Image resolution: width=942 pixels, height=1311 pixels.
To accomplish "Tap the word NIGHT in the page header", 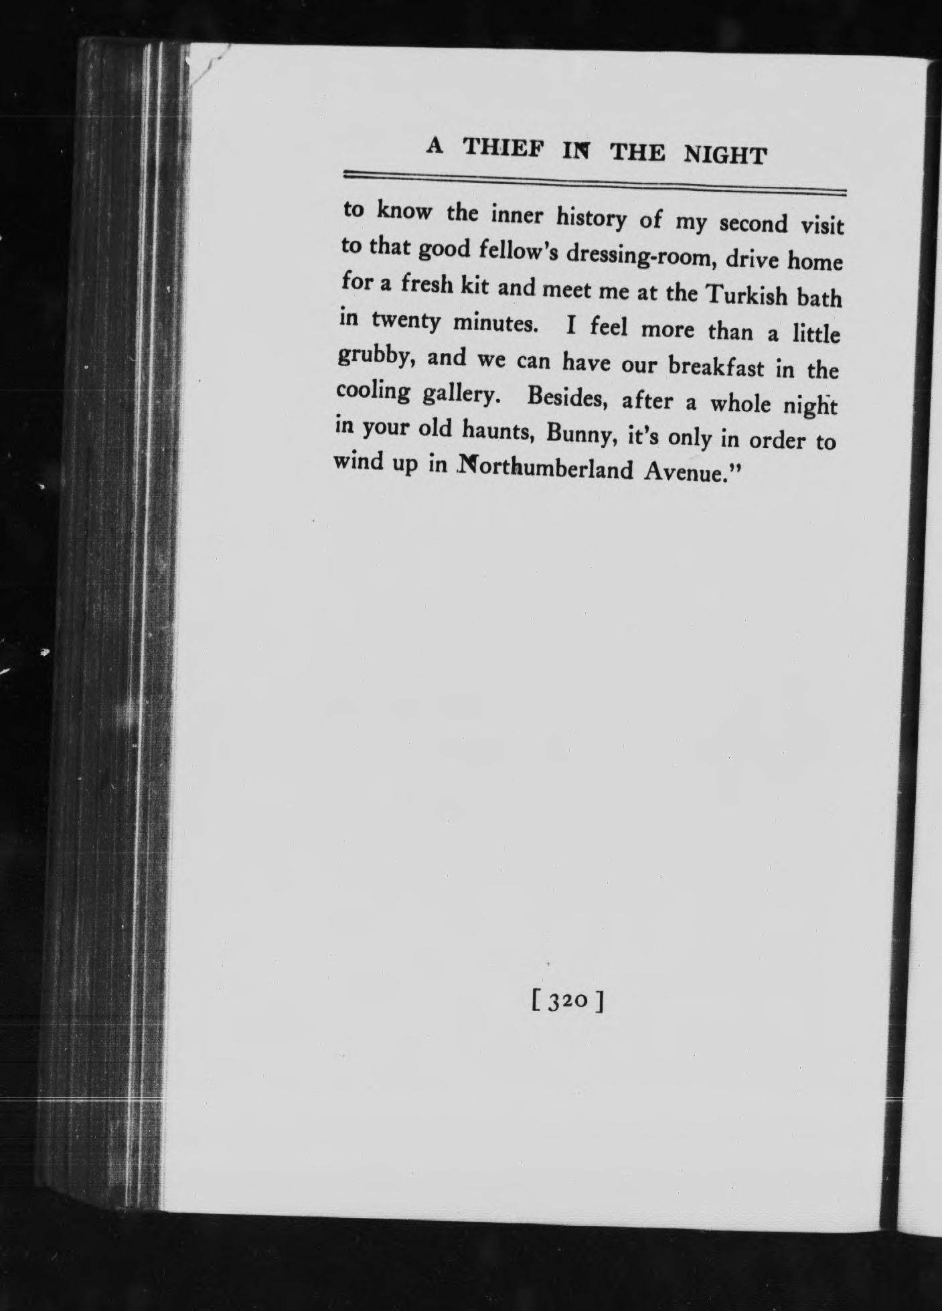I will (x=724, y=155).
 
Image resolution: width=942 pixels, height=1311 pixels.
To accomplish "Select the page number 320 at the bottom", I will (x=568, y=1002).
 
